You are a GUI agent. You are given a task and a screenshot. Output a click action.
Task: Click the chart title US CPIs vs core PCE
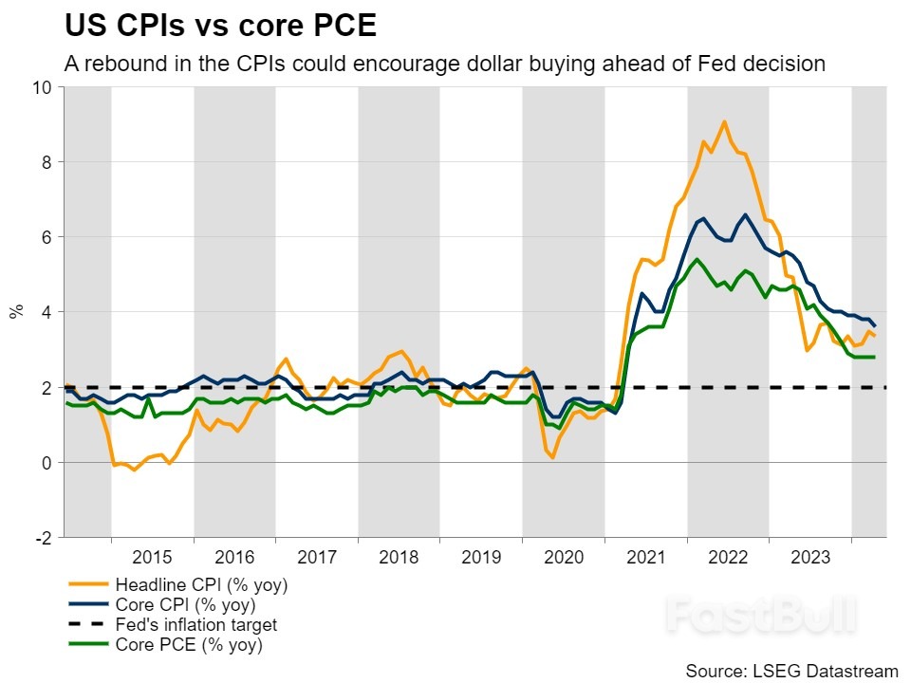(x=220, y=25)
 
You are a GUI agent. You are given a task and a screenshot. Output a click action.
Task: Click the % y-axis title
(x=16, y=312)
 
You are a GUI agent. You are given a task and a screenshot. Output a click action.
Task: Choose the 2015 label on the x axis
(x=152, y=557)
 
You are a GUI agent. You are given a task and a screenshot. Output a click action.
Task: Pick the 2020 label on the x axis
(x=564, y=557)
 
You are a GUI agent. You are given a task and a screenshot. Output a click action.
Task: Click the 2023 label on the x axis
(x=810, y=557)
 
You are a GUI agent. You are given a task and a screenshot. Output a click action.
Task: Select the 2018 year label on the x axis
(x=399, y=557)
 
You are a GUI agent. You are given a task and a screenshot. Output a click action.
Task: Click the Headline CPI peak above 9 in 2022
(x=724, y=121)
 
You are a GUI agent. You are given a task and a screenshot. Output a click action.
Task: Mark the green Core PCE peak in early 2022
(x=697, y=259)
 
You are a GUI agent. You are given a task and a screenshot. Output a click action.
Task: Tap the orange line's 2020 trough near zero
(x=552, y=458)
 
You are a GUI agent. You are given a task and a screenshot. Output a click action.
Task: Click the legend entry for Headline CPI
(x=200, y=584)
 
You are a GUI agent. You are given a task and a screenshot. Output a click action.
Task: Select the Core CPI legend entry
(x=184, y=604)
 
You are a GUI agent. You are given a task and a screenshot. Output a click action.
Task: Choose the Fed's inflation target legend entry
(x=195, y=625)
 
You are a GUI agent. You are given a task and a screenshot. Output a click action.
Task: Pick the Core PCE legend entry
(x=187, y=645)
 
